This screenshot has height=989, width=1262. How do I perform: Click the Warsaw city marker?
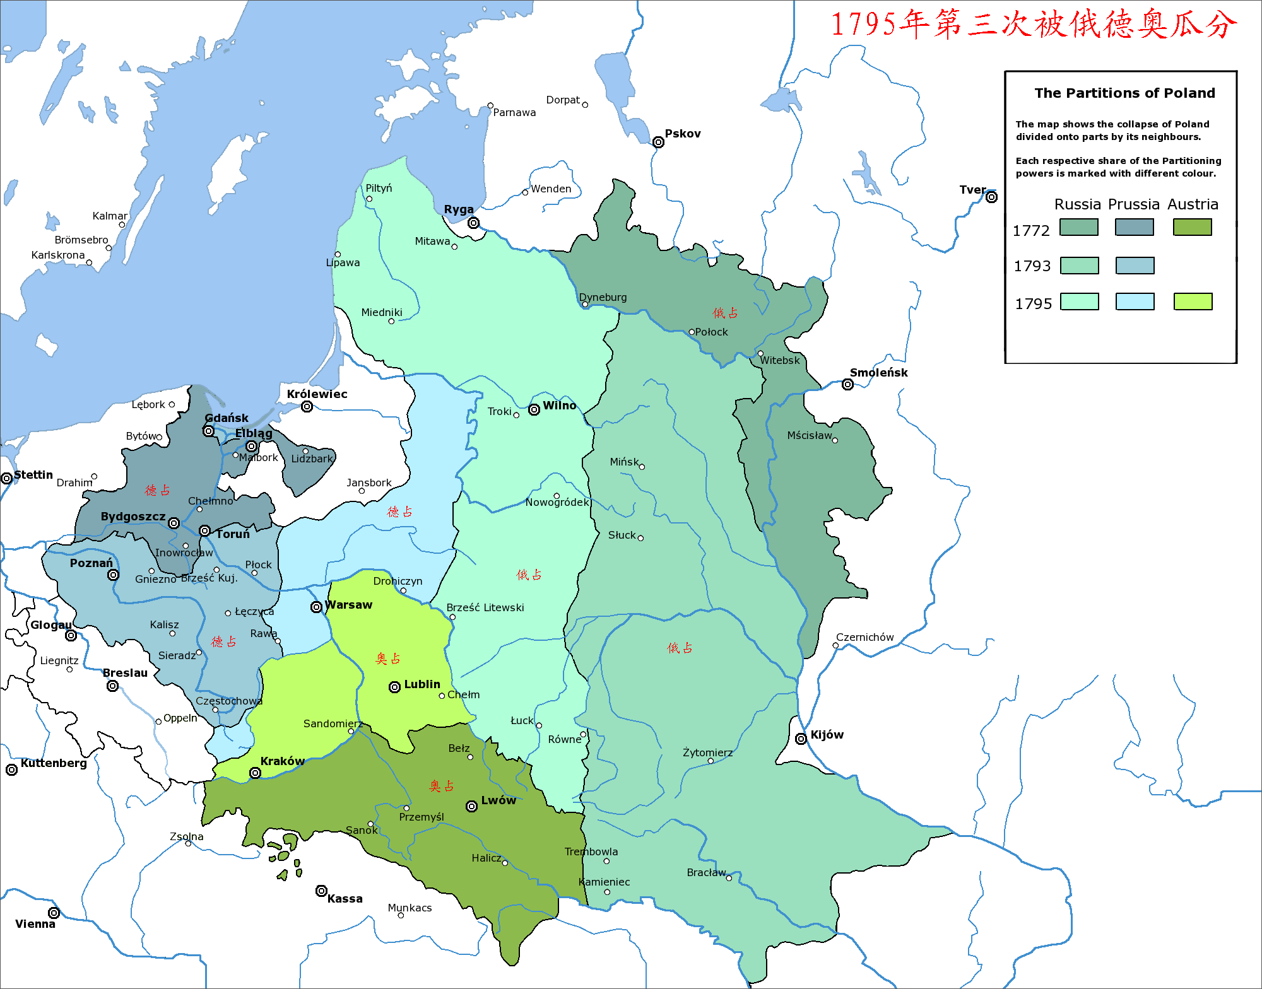[316, 607]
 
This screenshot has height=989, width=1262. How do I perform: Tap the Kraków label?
[282, 761]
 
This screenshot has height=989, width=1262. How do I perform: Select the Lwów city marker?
[471, 807]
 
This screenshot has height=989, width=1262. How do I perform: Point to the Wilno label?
[559, 406]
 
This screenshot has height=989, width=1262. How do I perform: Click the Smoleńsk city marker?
[847, 384]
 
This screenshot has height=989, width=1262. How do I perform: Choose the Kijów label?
[827, 735]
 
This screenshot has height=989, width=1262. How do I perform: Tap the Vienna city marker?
[54, 913]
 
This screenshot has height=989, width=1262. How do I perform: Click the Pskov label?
[683, 134]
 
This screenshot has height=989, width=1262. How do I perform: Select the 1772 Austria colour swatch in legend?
[1192, 227]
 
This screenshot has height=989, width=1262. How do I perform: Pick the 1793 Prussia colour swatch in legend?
[1135, 266]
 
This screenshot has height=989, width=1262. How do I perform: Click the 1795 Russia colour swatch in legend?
[1079, 301]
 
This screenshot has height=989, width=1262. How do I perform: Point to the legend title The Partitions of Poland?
[1124, 93]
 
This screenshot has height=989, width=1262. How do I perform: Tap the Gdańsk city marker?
[208, 431]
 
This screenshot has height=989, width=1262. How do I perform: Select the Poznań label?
[91, 563]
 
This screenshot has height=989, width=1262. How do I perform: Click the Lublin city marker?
[394, 687]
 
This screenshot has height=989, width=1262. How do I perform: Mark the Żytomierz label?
[707, 752]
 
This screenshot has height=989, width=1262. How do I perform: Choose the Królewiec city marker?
[307, 406]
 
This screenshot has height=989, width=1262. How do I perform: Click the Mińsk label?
[624, 462]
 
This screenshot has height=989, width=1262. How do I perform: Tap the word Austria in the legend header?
[1192, 204]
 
